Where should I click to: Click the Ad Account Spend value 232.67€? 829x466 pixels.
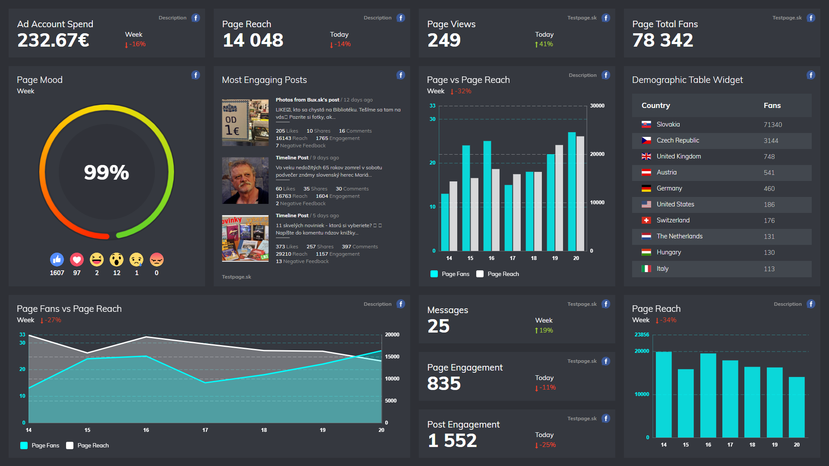coord(53,41)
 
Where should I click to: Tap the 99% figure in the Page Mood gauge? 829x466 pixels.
coord(106,172)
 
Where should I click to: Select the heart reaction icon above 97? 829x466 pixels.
coord(77,260)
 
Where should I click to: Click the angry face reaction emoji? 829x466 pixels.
coord(157,260)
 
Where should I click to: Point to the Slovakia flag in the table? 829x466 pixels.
coord(646,124)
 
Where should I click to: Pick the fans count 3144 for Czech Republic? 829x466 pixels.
coord(771,141)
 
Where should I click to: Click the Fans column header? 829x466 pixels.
coord(772,106)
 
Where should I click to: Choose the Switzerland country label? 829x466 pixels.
coord(673,220)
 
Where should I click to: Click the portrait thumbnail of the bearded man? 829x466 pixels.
coord(245,181)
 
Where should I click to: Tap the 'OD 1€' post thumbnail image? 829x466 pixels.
coord(245,123)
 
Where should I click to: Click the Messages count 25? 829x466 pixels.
coord(438,326)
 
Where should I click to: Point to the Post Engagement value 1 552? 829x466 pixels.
coord(452,441)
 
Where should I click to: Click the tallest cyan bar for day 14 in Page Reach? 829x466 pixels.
coord(664,394)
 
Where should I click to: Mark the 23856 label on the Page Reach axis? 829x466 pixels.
coord(642,335)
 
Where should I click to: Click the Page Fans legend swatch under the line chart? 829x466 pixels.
coord(24,446)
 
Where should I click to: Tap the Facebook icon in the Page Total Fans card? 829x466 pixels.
coord(811,18)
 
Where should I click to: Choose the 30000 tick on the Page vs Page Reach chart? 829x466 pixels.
coord(597,106)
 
